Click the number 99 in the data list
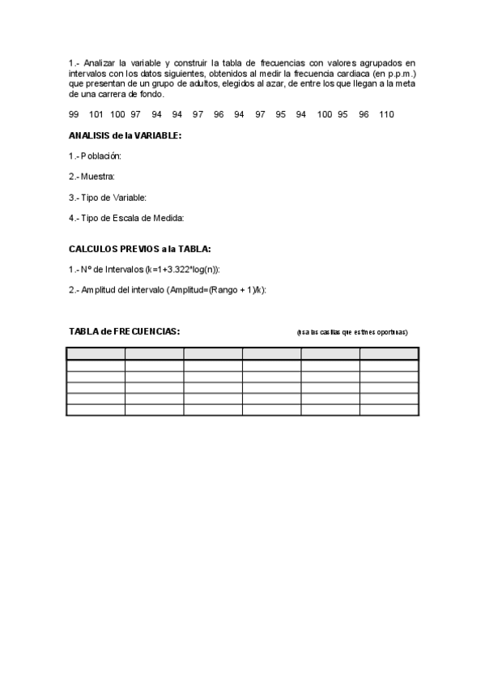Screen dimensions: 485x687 click(74, 114)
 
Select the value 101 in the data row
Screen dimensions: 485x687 click(96, 114)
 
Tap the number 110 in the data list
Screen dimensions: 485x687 click(386, 114)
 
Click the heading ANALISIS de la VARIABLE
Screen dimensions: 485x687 click(125, 135)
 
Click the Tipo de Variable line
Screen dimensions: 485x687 click(107, 197)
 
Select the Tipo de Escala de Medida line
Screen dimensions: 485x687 click(126, 217)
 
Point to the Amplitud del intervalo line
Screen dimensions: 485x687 click(168, 290)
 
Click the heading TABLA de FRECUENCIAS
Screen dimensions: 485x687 click(124, 331)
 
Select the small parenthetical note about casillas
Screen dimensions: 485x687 click(352, 332)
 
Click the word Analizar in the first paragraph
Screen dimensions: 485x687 click(101, 62)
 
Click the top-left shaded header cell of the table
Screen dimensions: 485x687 click(96, 353)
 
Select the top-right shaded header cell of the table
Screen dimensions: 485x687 click(389, 353)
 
